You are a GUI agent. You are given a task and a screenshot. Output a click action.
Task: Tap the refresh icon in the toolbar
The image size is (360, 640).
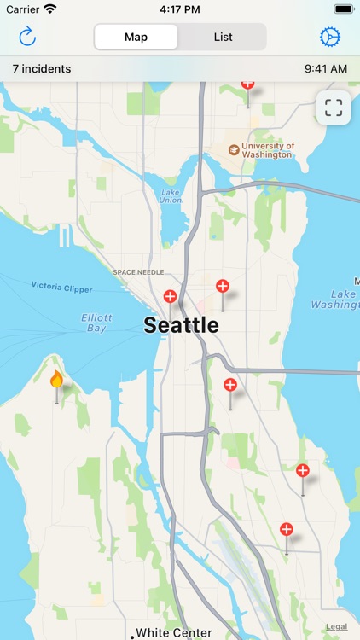(x=27, y=37)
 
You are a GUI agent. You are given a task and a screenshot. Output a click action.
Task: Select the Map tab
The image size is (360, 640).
(x=136, y=37)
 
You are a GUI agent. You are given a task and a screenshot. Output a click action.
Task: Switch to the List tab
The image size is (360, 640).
(x=224, y=37)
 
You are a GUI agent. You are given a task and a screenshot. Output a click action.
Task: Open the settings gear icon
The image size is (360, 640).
(x=329, y=37)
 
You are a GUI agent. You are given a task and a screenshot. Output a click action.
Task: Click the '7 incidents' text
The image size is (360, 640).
(x=42, y=68)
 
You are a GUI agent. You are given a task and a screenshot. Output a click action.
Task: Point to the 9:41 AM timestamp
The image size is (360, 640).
(x=325, y=68)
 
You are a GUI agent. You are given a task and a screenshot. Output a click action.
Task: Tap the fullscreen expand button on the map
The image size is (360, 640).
(x=334, y=108)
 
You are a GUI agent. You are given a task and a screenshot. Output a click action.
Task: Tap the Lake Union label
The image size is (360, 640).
(x=171, y=195)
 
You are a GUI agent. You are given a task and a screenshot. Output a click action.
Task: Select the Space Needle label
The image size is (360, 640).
(x=137, y=272)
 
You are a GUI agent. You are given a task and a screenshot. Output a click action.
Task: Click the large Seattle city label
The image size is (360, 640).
(x=181, y=325)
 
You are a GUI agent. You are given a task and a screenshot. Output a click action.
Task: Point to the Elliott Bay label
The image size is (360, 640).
(x=96, y=322)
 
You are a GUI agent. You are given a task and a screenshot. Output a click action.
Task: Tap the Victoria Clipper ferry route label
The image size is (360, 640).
(x=62, y=288)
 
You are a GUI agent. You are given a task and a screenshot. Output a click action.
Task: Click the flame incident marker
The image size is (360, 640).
(x=57, y=380)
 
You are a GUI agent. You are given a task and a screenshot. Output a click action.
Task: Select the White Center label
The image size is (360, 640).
(x=174, y=633)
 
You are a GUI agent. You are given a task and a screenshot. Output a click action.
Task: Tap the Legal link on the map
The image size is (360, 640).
(x=336, y=627)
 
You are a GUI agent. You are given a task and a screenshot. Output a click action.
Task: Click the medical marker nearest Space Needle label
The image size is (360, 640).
(x=171, y=297)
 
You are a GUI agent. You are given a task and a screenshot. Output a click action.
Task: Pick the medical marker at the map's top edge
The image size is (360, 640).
(x=247, y=84)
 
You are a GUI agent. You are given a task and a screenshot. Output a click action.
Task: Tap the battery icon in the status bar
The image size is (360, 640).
(x=344, y=9)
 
